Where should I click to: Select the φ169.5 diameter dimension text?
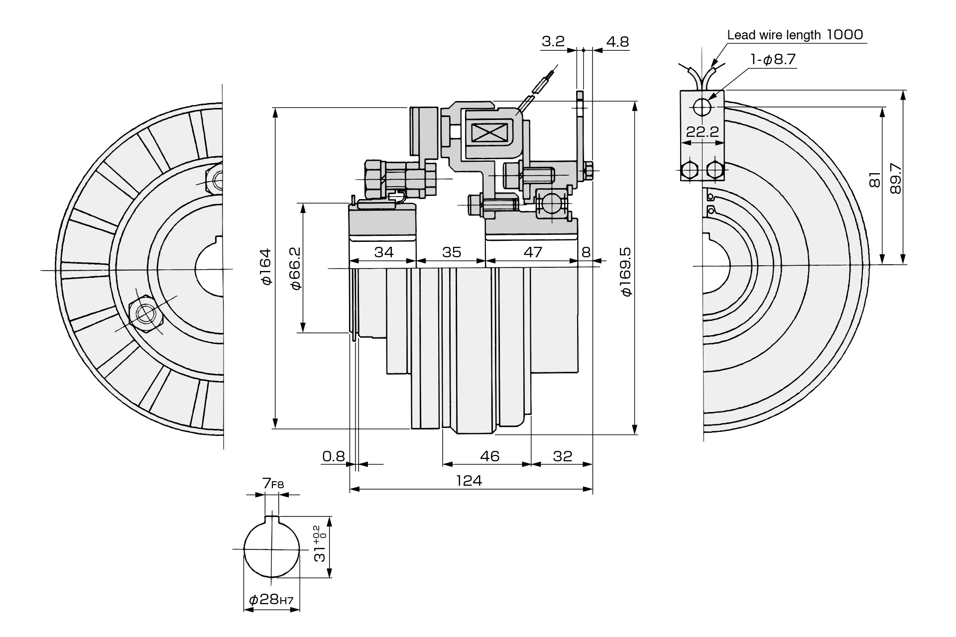click(x=625, y=271)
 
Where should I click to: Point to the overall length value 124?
click(x=469, y=480)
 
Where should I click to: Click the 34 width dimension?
click(x=384, y=252)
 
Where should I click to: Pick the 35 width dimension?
click(x=452, y=252)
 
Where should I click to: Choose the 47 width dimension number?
click(x=533, y=252)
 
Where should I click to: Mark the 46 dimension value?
click(x=489, y=456)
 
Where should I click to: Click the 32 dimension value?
click(x=563, y=456)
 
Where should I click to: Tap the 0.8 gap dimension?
click(x=334, y=456)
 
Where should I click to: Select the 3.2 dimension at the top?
click(x=553, y=41)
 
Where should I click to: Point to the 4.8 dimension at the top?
click(x=617, y=41)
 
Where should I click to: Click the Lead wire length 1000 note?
click(x=795, y=34)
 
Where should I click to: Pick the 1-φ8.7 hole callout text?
click(x=773, y=59)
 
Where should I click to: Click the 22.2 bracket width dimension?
click(x=703, y=132)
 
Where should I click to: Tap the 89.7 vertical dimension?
click(x=895, y=178)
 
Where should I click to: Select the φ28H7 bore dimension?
click(x=271, y=599)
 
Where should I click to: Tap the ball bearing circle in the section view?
click(x=552, y=204)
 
